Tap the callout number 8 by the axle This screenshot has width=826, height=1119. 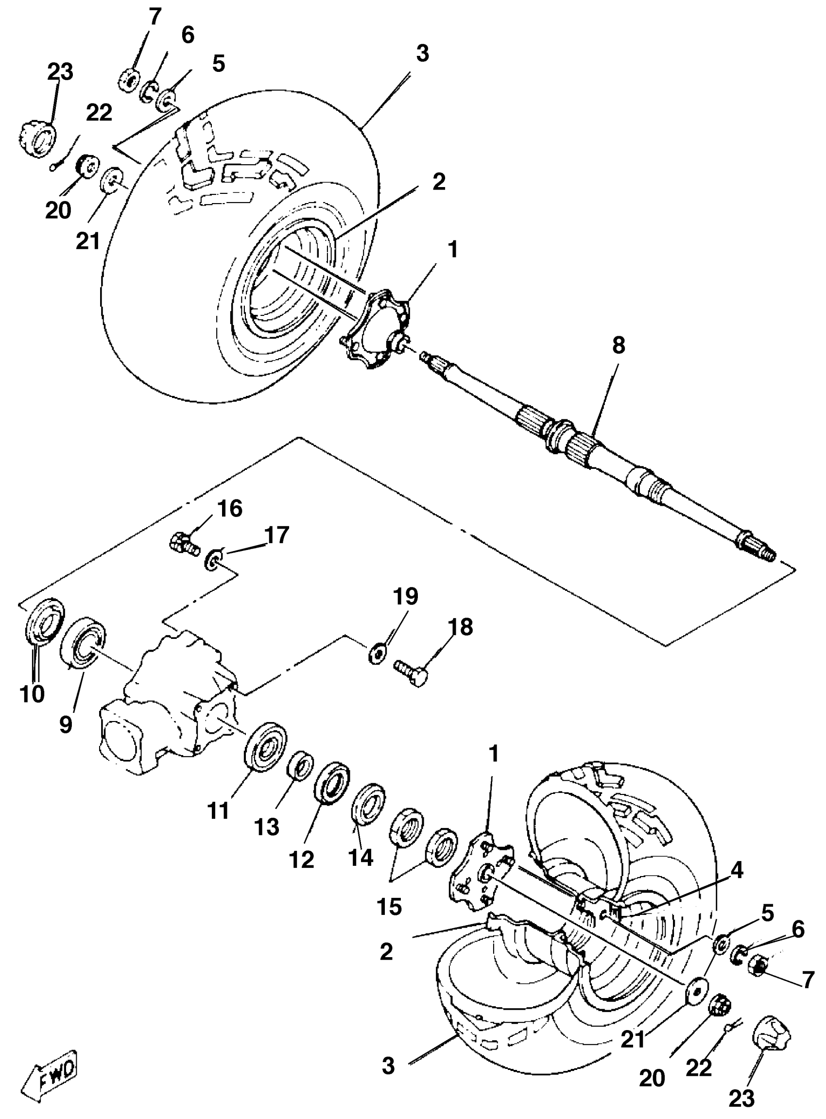pos(619,345)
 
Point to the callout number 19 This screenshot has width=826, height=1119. pos(405,596)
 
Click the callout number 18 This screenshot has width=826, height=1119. pos(460,626)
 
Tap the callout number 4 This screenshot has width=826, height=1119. pos(737,871)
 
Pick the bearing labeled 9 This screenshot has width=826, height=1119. pos(84,643)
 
